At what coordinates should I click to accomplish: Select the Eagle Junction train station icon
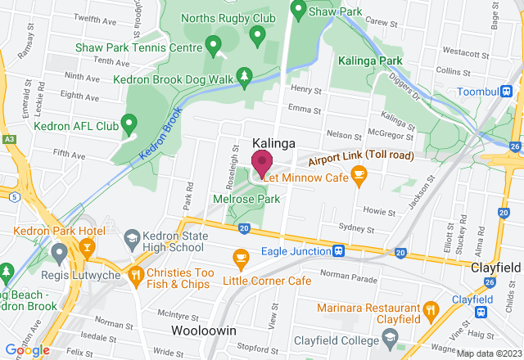[337, 251]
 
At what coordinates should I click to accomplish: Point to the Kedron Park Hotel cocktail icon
[84, 246]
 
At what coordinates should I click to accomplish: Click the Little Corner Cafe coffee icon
[240, 258]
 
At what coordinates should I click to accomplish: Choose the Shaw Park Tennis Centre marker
[214, 44]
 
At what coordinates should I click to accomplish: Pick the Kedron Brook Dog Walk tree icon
[243, 77]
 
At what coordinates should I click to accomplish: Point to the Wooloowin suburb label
[204, 331]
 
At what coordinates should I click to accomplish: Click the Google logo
[27, 349]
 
